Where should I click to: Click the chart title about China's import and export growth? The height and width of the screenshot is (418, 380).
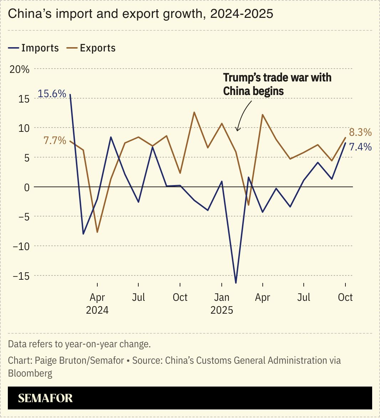click(x=140, y=14)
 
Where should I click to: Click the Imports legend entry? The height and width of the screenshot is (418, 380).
click(x=34, y=48)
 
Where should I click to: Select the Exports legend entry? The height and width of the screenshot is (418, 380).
click(x=91, y=48)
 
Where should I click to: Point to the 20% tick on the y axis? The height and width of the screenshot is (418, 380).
click(x=20, y=69)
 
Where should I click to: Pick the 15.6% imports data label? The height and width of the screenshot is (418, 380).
click(x=52, y=94)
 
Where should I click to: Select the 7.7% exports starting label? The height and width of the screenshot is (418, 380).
click(x=55, y=141)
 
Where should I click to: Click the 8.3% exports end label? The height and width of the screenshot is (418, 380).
click(x=360, y=133)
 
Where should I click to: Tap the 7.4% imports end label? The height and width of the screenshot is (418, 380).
click(x=360, y=147)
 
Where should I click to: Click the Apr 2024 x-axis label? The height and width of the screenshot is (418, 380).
click(x=97, y=303)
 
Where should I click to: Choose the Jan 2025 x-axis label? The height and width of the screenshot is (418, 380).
click(x=222, y=303)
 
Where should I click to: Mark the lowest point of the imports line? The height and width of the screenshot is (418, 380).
click(x=236, y=283)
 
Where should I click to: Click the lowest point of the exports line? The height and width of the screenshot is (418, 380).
click(x=97, y=232)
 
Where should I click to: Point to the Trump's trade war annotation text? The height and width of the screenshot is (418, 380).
click(x=277, y=84)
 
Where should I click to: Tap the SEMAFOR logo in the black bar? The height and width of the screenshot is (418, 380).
click(x=45, y=398)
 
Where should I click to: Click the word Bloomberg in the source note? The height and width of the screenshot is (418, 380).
click(x=30, y=374)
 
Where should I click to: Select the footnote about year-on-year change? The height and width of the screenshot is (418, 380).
click(x=79, y=344)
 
